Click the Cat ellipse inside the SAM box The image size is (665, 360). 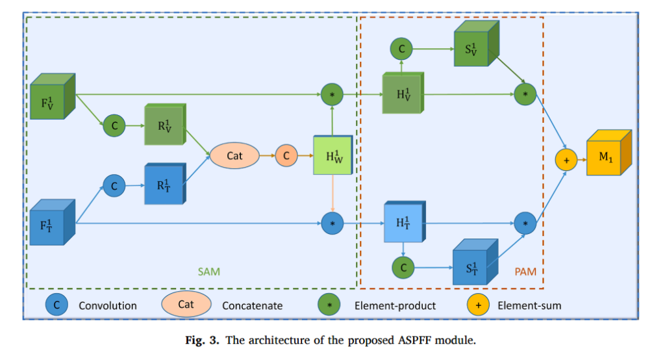(234, 155)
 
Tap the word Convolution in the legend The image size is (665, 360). (107, 305)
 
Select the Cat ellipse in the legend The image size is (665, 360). (186, 303)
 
